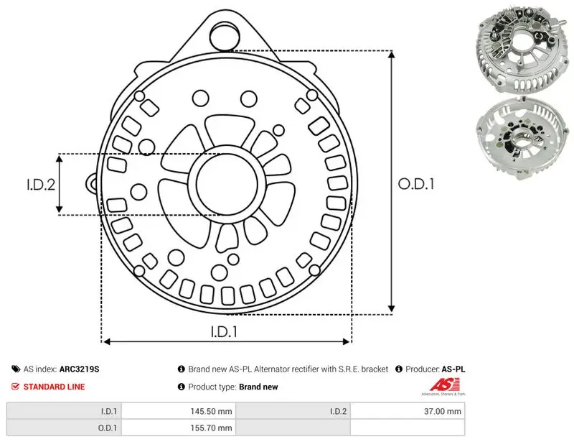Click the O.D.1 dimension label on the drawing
coord(416,184)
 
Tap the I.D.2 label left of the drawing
coord(41,184)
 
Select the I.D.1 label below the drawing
coord(224,331)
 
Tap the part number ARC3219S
coord(79,369)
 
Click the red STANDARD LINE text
coord(54,387)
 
